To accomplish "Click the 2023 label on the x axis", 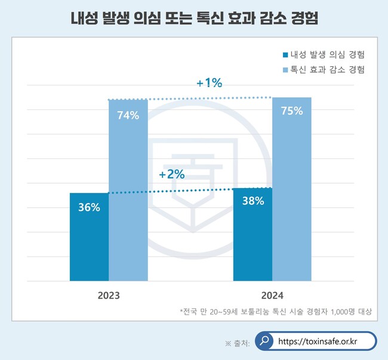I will pyautogui.click(x=109, y=296).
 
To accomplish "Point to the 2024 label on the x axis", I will pyautogui.click(x=272, y=296).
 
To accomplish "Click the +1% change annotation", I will pyautogui.click(x=209, y=83).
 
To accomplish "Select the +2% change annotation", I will pyautogui.click(x=172, y=175).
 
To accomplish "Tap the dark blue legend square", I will pyautogui.click(x=285, y=55).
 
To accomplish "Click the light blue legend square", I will pyautogui.click(x=285, y=69).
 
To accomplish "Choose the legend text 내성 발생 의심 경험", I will pyautogui.click(x=327, y=55).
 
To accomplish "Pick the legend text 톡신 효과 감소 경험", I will pyautogui.click(x=327, y=69).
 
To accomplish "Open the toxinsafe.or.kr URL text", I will pyautogui.click(x=318, y=341).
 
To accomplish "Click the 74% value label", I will pyautogui.click(x=128, y=115).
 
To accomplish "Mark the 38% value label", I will pyautogui.click(x=252, y=201).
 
